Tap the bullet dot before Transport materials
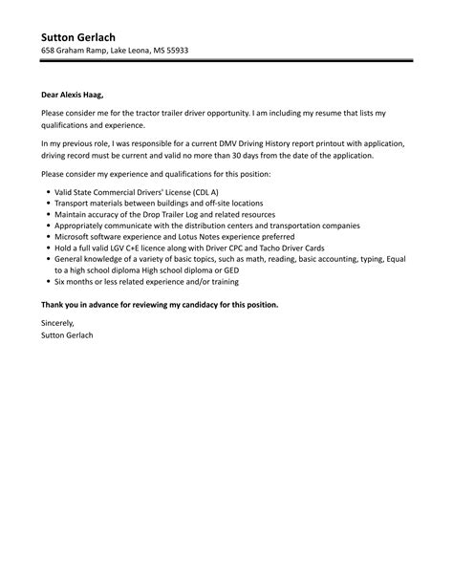(47, 204)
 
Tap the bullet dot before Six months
(47, 282)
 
